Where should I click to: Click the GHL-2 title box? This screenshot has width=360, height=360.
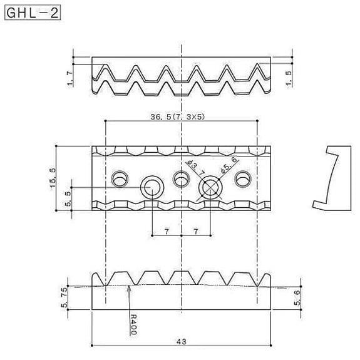(x=33, y=13)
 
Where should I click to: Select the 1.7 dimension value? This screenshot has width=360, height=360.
(x=69, y=78)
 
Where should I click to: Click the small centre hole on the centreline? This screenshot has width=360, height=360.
(x=180, y=181)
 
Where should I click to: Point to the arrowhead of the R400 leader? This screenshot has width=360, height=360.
(x=128, y=287)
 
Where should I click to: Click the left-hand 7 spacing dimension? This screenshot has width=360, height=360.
(x=167, y=232)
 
